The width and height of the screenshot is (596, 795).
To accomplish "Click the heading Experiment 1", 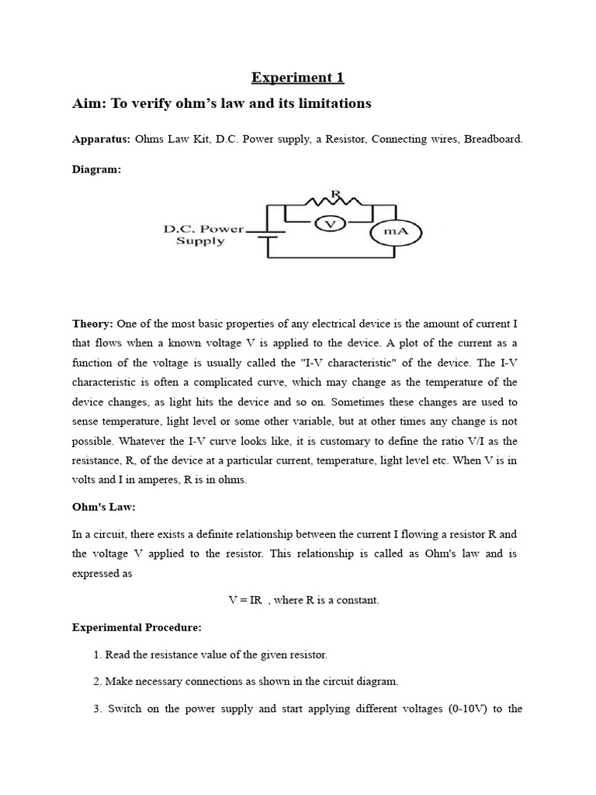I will pos(297,78).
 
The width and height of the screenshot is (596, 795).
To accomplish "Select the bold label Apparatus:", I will pos(101,140).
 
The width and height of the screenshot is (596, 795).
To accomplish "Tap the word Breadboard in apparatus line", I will pos(494,140).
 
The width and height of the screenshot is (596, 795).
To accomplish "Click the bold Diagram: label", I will pos(96,170).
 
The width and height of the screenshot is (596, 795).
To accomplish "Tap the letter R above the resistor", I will pos(335,192).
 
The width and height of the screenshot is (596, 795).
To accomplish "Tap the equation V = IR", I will pos(244,600).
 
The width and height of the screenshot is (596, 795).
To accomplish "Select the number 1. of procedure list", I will pos(98,654).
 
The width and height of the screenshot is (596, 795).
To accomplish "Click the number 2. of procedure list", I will pos(98,682).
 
